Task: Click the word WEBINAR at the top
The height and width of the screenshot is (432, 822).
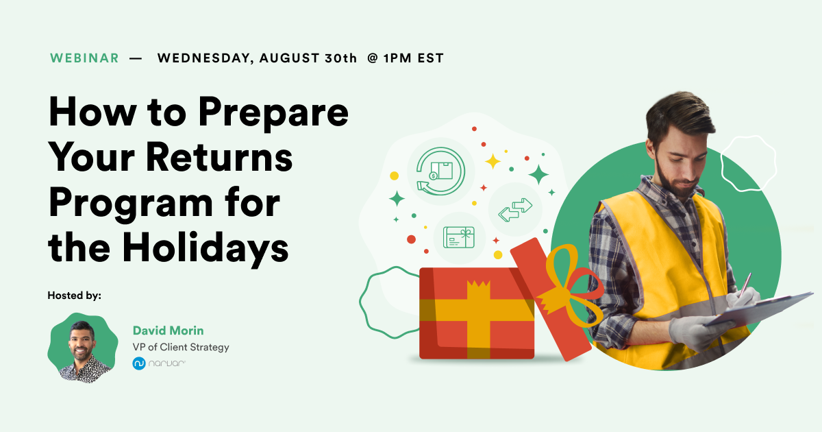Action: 84,58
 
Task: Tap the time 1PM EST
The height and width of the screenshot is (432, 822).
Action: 413,58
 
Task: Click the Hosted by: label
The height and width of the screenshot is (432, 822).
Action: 74,296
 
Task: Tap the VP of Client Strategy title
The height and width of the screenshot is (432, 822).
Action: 181,347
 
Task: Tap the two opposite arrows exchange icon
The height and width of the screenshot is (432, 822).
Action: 515,209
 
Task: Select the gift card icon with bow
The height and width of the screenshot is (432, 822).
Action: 459,237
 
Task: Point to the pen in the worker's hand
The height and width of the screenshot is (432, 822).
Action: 743,285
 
